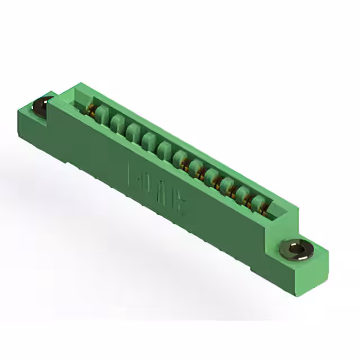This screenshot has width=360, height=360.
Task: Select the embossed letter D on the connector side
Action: (150, 183)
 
